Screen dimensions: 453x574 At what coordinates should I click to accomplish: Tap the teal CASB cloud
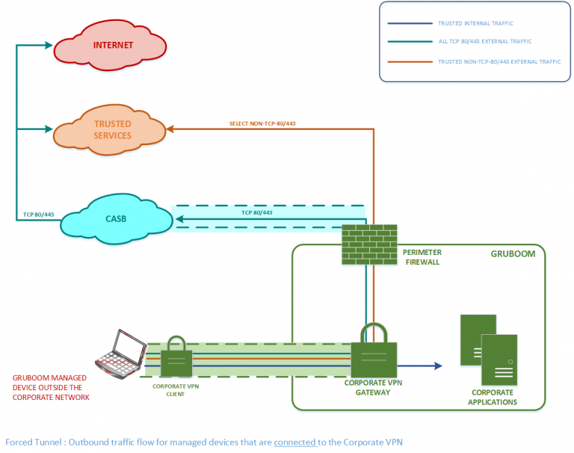point(115,218)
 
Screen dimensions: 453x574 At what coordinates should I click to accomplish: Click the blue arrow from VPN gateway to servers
point(419,366)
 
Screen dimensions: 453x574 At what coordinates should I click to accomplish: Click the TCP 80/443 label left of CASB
point(38,215)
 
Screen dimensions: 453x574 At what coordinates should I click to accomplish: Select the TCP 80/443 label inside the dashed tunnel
point(256,212)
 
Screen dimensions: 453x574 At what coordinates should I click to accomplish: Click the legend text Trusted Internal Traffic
point(475,24)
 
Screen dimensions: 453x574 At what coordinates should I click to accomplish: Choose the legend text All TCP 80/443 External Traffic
point(485,42)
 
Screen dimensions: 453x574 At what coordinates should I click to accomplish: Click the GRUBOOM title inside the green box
point(513,253)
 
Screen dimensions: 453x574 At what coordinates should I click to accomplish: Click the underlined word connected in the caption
point(295,442)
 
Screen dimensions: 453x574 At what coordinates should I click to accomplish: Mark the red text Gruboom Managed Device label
point(52,387)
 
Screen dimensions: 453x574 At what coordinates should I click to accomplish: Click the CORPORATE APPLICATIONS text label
point(493,397)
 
